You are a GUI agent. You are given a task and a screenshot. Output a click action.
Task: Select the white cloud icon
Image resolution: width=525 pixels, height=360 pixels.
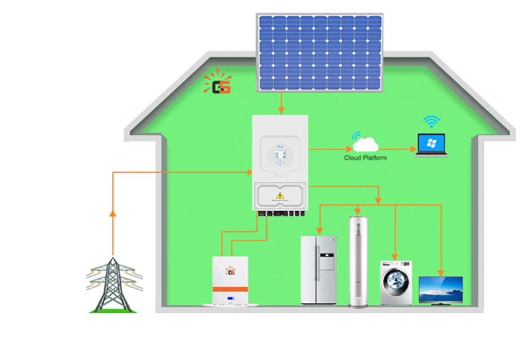click(365, 143)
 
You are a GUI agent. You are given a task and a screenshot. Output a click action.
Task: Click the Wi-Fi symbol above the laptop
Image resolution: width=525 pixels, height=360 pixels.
click(432, 122)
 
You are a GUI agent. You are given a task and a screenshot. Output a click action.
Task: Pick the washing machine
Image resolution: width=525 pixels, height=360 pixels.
click(396, 283)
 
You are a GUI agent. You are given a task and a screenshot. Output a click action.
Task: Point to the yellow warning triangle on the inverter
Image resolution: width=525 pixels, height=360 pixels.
click(281, 195)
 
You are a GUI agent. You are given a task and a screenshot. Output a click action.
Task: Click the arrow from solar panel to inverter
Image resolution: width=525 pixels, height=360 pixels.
click(281, 102)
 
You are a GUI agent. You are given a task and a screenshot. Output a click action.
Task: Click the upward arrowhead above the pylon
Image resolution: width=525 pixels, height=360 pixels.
click(113, 213)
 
